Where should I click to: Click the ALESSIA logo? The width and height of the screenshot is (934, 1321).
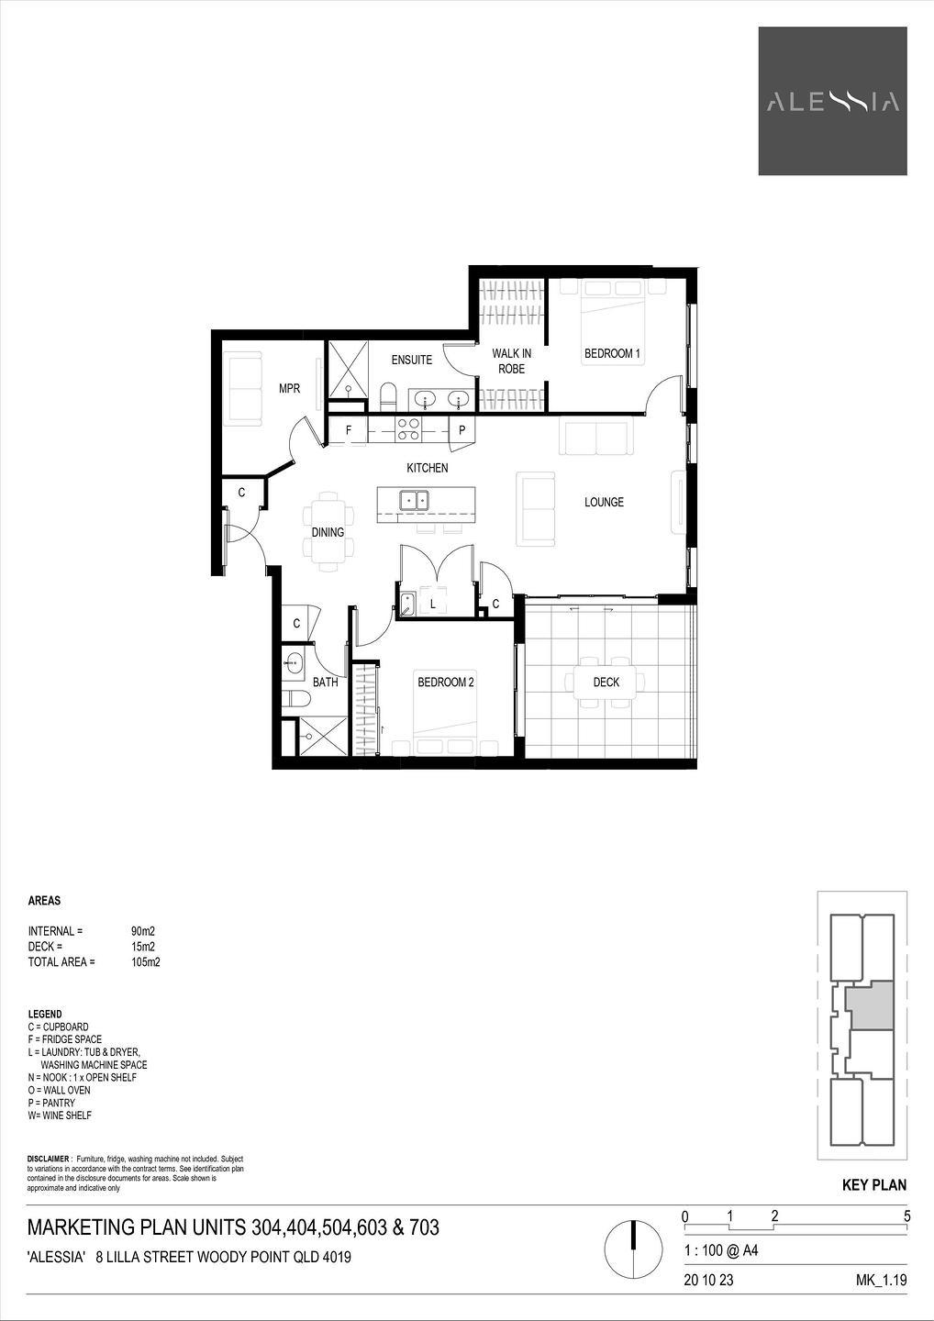point(832,101)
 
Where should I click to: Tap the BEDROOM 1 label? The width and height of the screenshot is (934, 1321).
point(612,354)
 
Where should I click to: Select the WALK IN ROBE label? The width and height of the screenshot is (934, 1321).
point(511,361)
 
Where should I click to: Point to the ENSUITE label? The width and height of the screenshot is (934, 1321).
point(412,360)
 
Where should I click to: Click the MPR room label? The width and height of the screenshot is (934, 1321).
point(290,389)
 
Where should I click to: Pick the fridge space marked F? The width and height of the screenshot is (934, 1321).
point(349,430)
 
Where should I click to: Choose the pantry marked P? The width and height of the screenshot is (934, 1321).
point(461,430)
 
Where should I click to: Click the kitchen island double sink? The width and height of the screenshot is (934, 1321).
point(415,501)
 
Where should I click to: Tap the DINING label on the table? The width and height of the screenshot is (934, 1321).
point(328,532)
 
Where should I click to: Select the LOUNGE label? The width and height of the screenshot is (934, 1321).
point(604,503)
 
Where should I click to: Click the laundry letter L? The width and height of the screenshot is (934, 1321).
point(433,604)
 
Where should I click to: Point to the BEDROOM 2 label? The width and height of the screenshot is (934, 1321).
point(446,683)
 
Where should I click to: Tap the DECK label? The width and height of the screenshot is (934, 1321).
point(606,683)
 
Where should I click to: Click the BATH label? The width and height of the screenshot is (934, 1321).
point(326,683)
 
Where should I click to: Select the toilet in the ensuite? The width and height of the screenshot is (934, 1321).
point(389,397)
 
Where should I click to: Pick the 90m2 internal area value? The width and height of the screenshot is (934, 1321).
point(143,932)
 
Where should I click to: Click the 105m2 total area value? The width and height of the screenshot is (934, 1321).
point(146,962)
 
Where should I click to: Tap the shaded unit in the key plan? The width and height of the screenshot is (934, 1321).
point(870,1005)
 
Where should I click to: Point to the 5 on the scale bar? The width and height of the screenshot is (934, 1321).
point(906,1216)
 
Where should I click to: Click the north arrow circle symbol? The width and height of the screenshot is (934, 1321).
point(633,1247)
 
